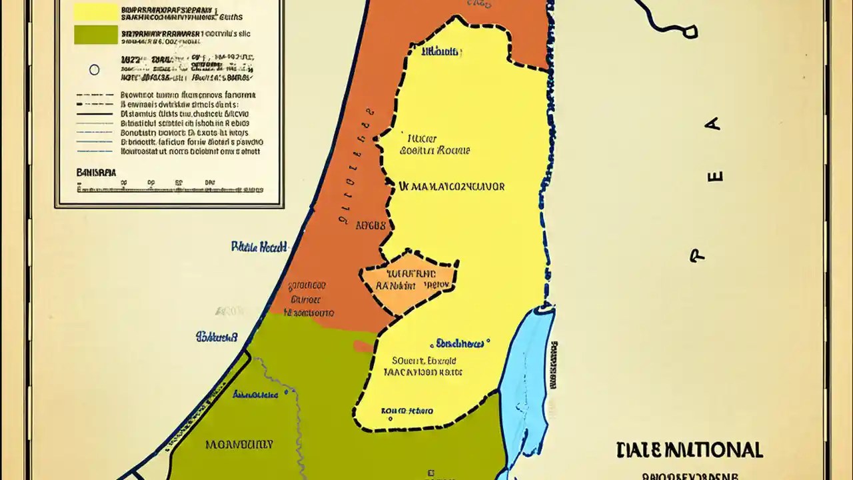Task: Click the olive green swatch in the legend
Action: point(95,35)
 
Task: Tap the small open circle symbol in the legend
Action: point(94,69)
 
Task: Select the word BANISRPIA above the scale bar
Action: point(96,172)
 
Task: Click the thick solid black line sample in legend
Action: point(95,114)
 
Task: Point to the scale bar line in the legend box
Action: point(167,189)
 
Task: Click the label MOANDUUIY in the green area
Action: point(239,444)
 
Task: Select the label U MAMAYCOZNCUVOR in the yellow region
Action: point(451,187)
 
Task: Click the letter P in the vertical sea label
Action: point(697,255)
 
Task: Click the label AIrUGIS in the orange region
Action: point(371,225)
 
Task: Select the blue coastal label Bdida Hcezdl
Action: point(259,246)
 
